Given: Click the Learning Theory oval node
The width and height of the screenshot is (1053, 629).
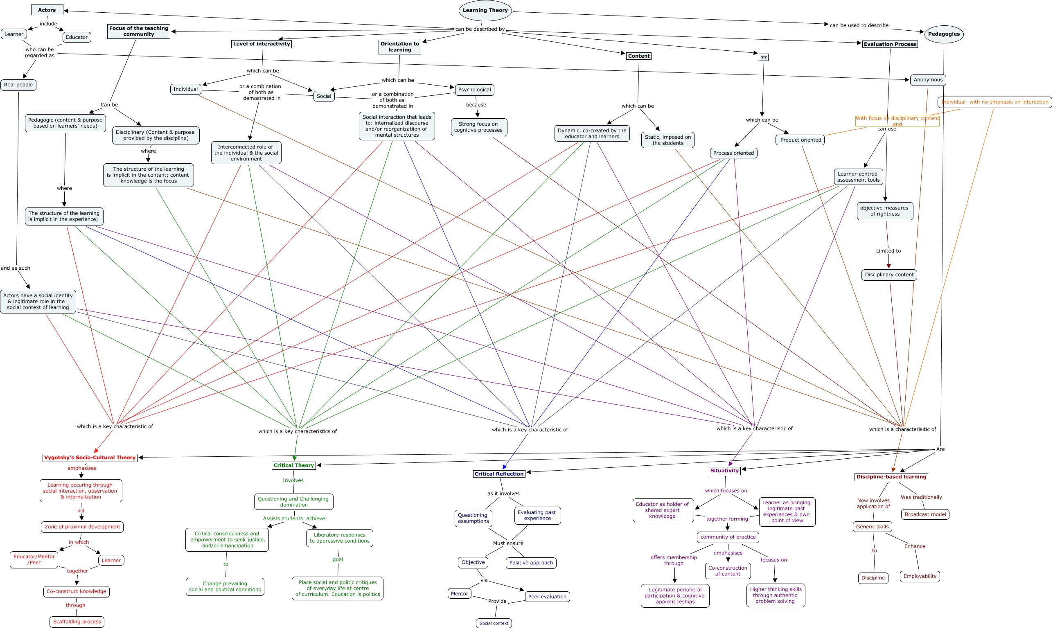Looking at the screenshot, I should [x=485, y=11].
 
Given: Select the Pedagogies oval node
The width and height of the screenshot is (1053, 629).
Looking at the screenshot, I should [x=943, y=34].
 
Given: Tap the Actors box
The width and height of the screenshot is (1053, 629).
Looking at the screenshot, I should [x=47, y=10].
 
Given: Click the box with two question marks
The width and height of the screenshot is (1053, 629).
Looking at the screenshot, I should [x=763, y=58].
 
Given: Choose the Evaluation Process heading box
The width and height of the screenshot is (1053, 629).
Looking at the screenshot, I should [x=889, y=44].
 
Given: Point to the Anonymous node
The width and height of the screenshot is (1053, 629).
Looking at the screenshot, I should [x=928, y=80].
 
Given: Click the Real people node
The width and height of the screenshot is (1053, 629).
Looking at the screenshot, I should [x=18, y=85].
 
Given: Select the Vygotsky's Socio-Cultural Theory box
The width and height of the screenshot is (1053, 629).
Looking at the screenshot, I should [x=90, y=458].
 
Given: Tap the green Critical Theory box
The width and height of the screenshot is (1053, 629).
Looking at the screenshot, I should [x=294, y=465].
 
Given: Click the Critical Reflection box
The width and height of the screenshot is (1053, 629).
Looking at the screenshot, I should [x=499, y=474].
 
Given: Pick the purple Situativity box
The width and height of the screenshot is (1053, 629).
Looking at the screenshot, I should [x=724, y=471].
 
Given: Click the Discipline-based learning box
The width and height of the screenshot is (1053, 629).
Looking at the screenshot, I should [x=891, y=477].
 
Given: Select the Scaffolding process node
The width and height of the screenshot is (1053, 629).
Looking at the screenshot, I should [x=77, y=622].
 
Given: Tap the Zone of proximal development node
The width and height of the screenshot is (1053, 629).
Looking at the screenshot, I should [x=82, y=527].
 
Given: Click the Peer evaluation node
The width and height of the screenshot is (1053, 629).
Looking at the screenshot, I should [x=547, y=597].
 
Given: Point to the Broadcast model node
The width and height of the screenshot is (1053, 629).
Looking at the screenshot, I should [x=925, y=514].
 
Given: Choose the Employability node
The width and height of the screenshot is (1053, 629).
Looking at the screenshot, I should [x=920, y=577].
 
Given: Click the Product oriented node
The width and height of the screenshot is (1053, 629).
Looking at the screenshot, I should [x=800, y=140].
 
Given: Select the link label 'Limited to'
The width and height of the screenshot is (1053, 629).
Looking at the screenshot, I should [x=888, y=251].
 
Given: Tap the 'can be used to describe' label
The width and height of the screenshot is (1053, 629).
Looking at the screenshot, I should [x=859, y=25].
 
